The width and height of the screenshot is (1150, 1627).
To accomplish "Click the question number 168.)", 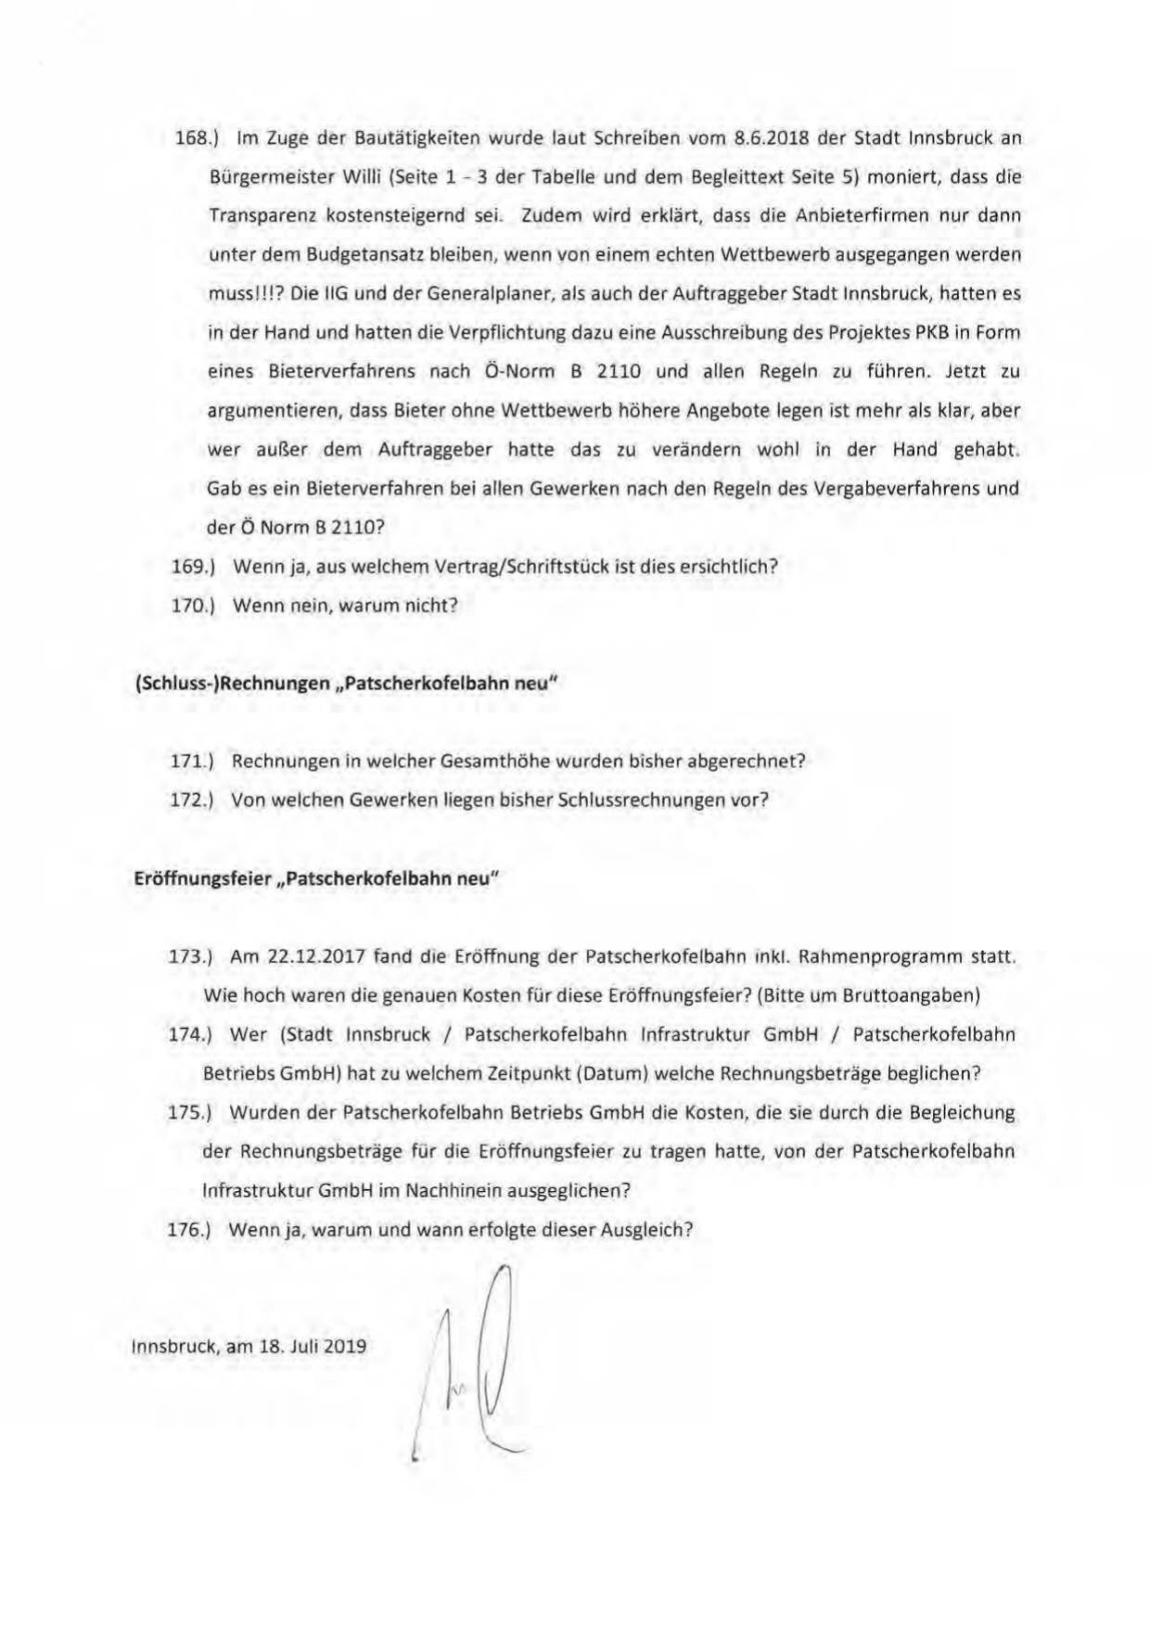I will (x=196, y=138).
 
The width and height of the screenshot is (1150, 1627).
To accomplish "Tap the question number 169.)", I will (x=194, y=566).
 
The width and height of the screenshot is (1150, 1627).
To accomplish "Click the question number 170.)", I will (x=194, y=605).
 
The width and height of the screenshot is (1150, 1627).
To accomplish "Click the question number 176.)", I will (x=190, y=1229).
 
